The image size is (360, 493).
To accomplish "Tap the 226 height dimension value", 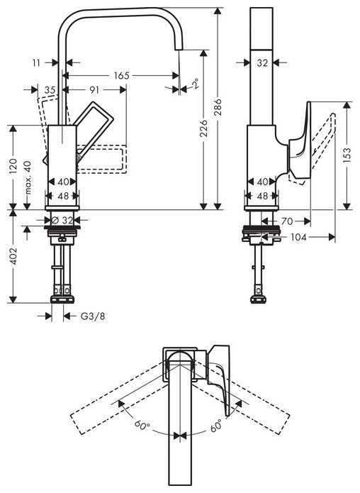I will [203, 128].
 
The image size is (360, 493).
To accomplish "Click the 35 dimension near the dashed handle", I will [49, 90].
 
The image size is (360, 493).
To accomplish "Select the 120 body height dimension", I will [13, 167].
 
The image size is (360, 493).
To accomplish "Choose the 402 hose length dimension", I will [13, 256].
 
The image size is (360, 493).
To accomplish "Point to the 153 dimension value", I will [347, 155].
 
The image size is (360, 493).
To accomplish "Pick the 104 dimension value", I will [298, 238].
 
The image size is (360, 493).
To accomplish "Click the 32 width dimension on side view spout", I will [262, 62].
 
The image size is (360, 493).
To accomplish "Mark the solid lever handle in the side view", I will [300, 138].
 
